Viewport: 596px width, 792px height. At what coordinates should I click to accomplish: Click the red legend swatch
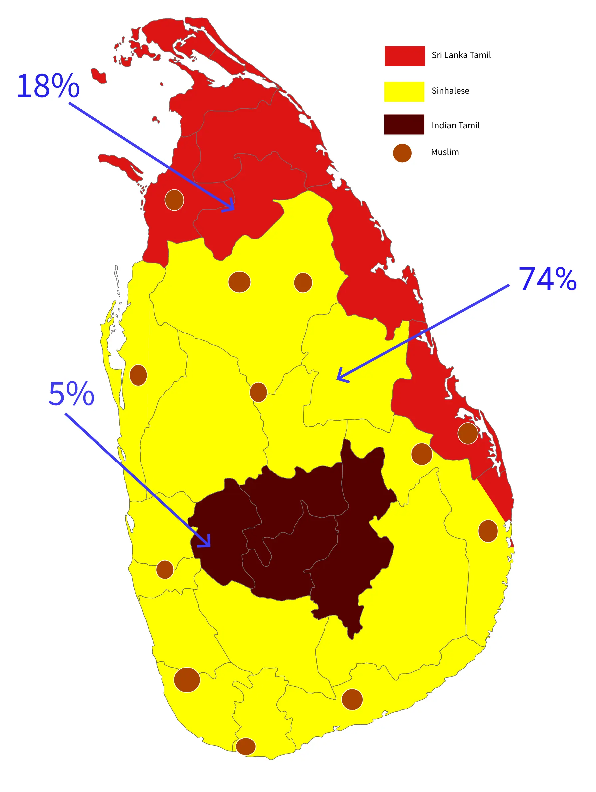pos(405,56)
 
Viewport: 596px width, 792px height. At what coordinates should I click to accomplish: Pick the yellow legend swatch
pos(404,92)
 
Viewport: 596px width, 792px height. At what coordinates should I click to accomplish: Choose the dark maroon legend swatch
pos(404,124)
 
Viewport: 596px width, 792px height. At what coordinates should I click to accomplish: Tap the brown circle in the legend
pos(402,153)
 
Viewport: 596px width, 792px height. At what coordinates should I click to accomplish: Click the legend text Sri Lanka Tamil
pos(461,55)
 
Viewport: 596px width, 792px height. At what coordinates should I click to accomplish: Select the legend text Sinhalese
pos(450,91)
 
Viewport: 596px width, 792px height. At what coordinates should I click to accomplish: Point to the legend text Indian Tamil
pos(455,125)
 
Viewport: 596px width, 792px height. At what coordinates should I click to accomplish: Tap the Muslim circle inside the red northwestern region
pos(174,200)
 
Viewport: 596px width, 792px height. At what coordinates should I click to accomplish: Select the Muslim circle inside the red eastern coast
pos(467,433)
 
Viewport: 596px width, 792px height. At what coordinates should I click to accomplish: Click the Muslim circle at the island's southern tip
pos(246,746)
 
